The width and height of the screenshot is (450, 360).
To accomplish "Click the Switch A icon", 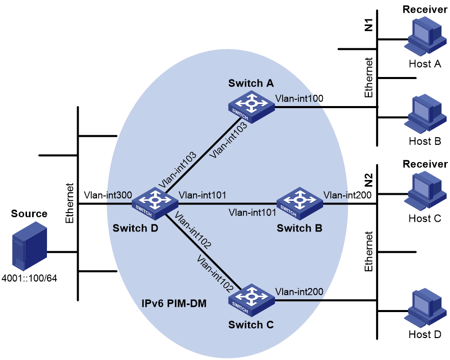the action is [252, 107].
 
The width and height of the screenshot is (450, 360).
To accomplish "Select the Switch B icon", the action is [300, 203].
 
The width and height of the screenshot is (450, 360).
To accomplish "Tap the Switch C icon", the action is [252, 300].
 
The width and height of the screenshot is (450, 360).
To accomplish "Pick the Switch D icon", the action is [155, 203].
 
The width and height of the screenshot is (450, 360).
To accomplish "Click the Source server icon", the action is [29, 246].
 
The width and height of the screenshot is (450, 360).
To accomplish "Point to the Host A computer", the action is [425, 36].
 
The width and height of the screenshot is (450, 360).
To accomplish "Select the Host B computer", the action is [425, 114].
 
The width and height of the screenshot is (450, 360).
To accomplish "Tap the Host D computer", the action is [425, 307].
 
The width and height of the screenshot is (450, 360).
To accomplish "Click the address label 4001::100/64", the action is [29, 278].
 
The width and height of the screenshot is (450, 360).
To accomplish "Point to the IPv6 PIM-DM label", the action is [174, 303].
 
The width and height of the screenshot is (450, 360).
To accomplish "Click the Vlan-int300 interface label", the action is [108, 195].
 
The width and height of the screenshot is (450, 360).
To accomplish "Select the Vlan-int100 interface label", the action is [299, 98].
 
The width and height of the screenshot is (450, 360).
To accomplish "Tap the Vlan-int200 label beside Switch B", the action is [347, 195].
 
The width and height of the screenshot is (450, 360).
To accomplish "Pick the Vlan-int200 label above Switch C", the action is [299, 292].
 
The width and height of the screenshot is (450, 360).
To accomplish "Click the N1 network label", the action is [368, 25].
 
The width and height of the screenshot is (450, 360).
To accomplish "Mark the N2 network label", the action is [368, 180].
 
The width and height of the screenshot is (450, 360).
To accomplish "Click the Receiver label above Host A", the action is [425, 10].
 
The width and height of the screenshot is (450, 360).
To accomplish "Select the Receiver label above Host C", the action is [425, 164].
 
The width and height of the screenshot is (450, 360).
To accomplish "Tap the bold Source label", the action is [29, 214].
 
